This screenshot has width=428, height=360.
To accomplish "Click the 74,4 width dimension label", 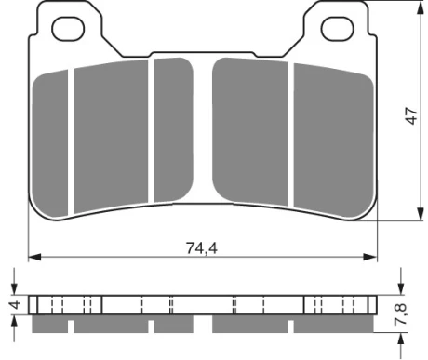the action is [202, 248].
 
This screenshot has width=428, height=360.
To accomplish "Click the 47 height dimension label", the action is [412, 115].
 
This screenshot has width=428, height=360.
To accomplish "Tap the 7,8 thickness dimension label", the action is [400, 314].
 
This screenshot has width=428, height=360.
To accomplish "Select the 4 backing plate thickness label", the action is [15, 305].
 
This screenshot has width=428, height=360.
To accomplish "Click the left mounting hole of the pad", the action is [68, 29].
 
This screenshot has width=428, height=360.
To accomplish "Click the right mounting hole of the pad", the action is [338, 29].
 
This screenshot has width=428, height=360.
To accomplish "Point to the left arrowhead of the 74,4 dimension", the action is [34, 257].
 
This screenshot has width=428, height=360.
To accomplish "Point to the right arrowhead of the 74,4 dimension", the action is [370, 257].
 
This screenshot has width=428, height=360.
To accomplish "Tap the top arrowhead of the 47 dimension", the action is [421, 7].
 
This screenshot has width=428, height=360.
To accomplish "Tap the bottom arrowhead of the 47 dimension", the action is [421, 214].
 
